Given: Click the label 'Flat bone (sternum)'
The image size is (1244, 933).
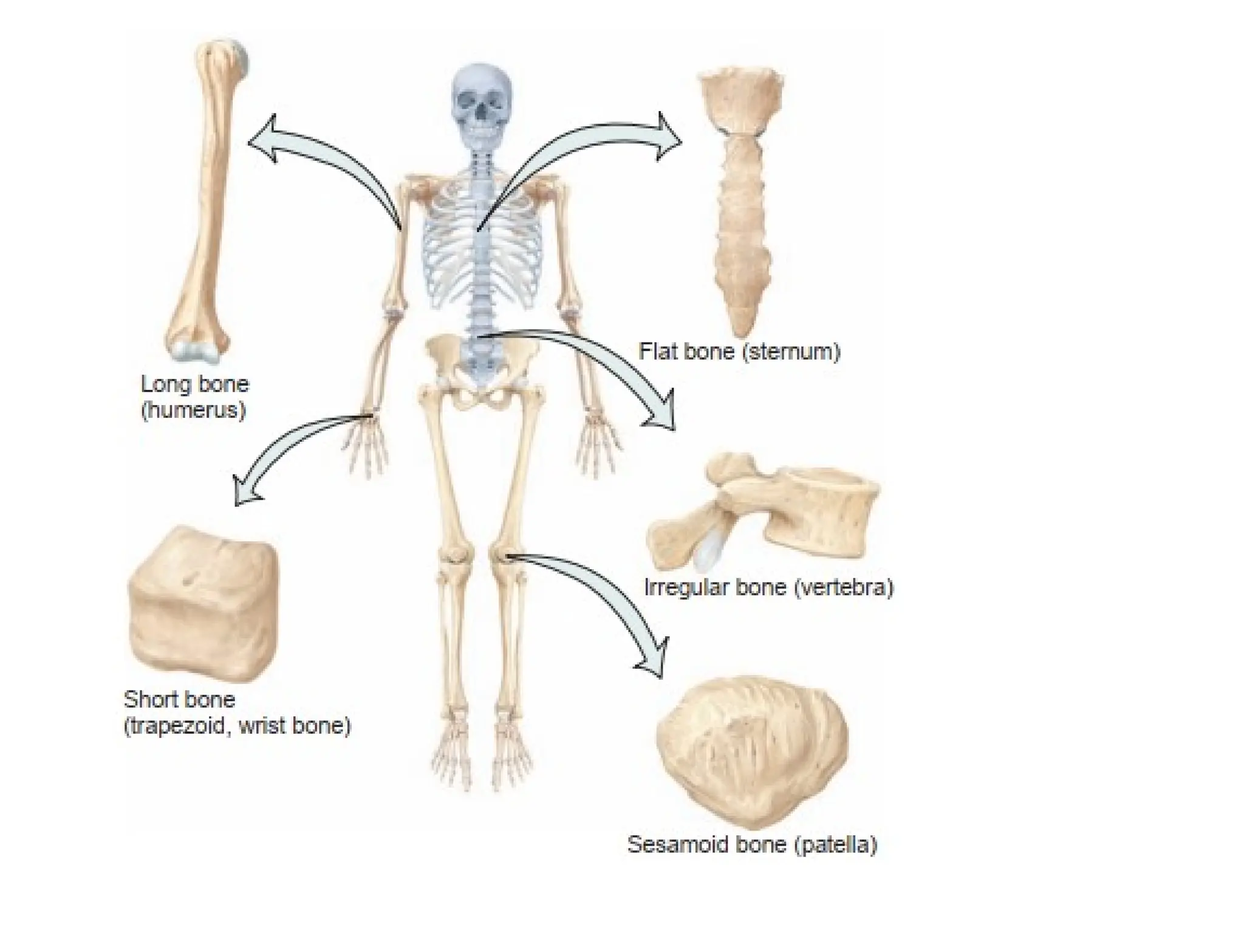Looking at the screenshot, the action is [x=739, y=352].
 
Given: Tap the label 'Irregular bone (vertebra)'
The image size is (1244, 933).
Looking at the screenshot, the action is [x=768, y=587].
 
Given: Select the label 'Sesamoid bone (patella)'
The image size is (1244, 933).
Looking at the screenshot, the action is [x=752, y=845].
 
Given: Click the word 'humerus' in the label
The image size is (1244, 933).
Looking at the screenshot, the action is [x=193, y=411].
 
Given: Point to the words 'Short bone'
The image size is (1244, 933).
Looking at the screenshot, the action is [x=179, y=700].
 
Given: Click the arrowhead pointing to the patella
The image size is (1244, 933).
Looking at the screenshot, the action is [x=653, y=659].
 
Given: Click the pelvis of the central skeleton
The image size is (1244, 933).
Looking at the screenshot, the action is [x=480, y=371].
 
